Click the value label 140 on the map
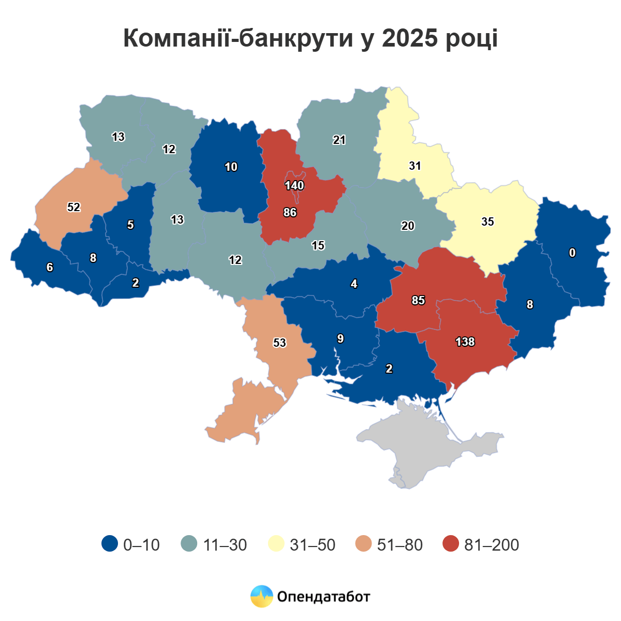[294, 185]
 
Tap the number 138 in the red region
[465, 342]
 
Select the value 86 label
[290, 212]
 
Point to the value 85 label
[418, 300]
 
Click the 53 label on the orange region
[279, 343]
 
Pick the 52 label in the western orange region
[74, 207]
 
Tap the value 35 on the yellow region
[487, 221]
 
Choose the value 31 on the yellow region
[415, 166]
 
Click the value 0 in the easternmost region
[572, 253]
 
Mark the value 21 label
[339, 140]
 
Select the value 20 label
[408, 226]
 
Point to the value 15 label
[318, 245]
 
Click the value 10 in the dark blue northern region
[231, 167]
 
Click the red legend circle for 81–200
[451, 544]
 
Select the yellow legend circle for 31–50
[277, 544]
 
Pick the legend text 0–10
[141, 544]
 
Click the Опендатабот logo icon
[261, 596]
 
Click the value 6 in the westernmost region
[50, 267]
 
